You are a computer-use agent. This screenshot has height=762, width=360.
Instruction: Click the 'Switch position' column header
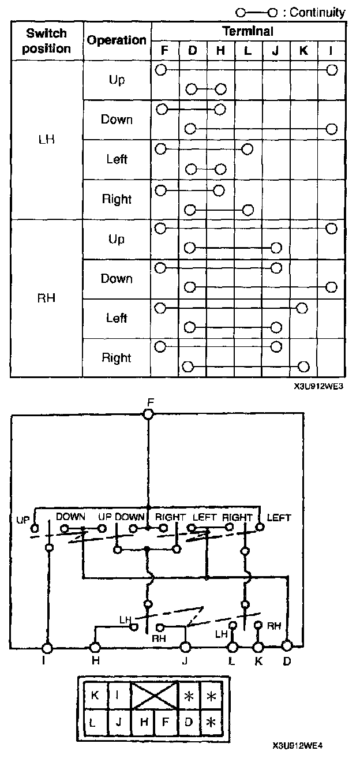pos(47,41)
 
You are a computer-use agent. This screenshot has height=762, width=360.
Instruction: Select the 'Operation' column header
pos(117,40)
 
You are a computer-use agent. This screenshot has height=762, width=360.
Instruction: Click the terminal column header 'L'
pos(247,50)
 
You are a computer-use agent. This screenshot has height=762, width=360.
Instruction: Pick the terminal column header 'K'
pos(303,50)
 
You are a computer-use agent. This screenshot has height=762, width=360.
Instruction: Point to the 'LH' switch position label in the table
pos(47,140)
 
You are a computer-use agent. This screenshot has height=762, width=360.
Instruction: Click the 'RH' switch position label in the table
pos(47,299)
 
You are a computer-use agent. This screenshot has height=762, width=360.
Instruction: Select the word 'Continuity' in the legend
pos(318,12)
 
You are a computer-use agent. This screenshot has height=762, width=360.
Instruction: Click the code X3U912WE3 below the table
pos(318,387)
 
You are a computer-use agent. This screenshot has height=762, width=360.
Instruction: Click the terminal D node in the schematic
pos(287,645)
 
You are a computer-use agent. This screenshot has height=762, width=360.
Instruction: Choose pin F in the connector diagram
pos(166,721)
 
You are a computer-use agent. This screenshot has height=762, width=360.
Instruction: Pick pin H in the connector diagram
pos(143,721)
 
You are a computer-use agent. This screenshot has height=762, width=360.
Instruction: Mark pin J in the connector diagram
pos(118,721)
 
